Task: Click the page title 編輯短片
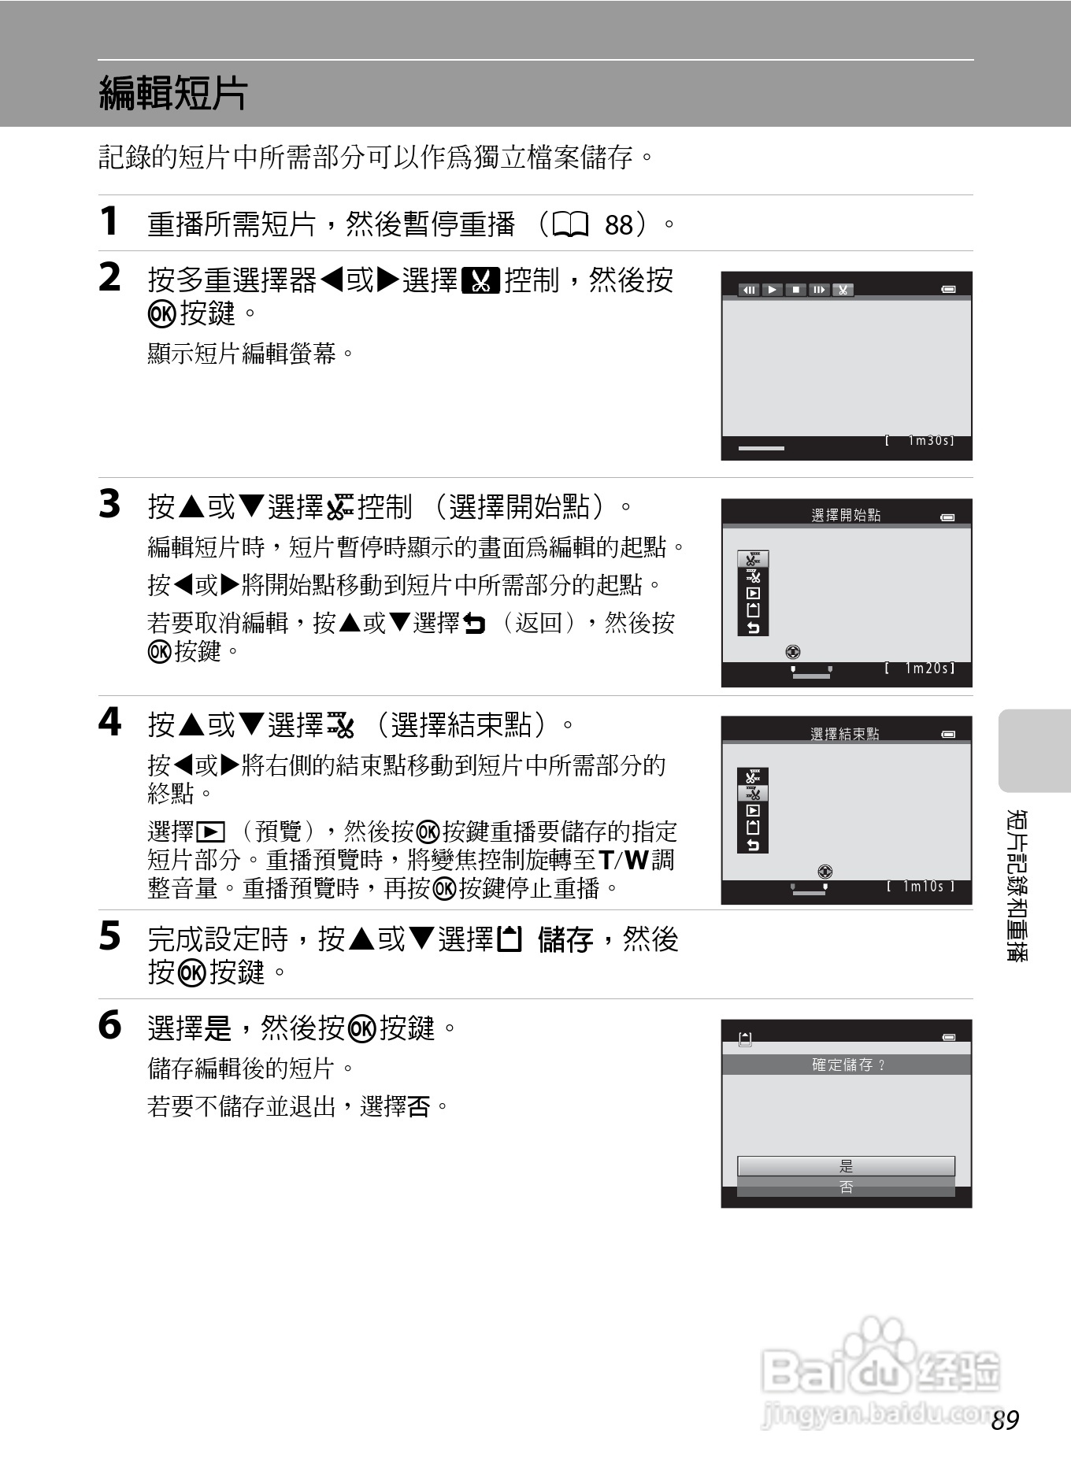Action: click(x=173, y=93)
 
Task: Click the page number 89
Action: click(x=1006, y=1420)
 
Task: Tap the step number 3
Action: click(x=110, y=505)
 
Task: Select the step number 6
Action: click(x=110, y=1025)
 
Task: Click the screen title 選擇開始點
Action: click(x=846, y=516)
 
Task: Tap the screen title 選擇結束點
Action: click(x=845, y=734)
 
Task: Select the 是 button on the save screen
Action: click(x=846, y=1166)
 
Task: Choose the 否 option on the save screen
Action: click(x=846, y=1187)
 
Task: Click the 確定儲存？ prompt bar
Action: click(x=847, y=1065)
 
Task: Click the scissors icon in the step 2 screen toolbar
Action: click(x=843, y=290)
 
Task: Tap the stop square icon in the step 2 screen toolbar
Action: click(x=796, y=290)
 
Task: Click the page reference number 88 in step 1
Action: click(x=619, y=225)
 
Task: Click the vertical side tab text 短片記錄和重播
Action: click(x=1017, y=885)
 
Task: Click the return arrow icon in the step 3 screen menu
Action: click(x=754, y=628)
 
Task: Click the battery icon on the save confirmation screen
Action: click(x=949, y=1038)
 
